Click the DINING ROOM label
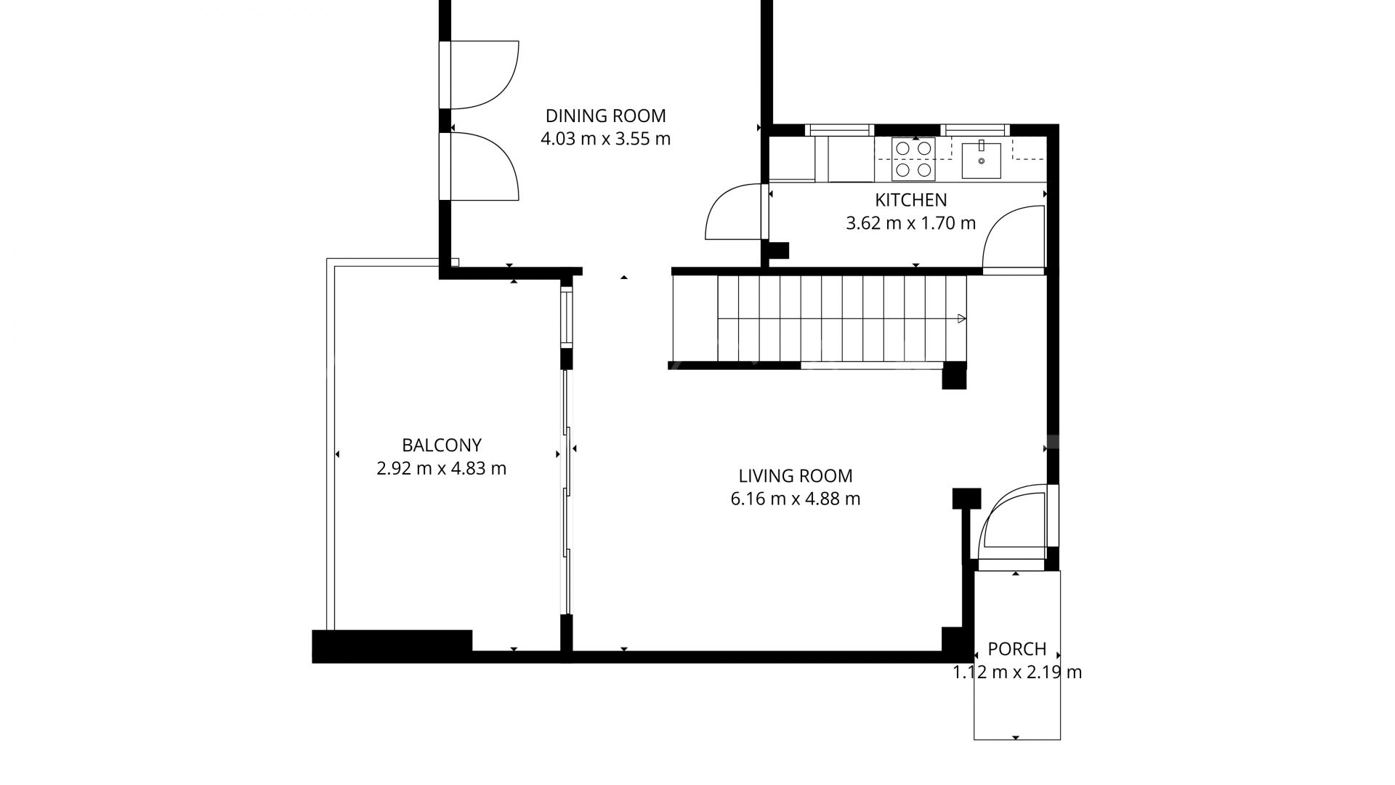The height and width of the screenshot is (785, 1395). pyautogui.click(x=605, y=116)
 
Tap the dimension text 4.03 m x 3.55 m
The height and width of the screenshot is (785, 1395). pyautogui.click(x=605, y=139)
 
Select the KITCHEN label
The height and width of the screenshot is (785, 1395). pyautogui.click(x=910, y=200)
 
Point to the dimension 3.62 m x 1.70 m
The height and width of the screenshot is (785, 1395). pyautogui.click(x=910, y=223)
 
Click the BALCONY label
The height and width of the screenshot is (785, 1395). pyautogui.click(x=441, y=445)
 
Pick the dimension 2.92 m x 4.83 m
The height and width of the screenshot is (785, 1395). pyautogui.click(x=441, y=468)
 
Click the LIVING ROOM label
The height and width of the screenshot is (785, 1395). pyautogui.click(x=795, y=476)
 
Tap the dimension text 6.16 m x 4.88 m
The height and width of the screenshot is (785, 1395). pyautogui.click(x=795, y=499)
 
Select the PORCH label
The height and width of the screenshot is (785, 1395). pyautogui.click(x=1016, y=648)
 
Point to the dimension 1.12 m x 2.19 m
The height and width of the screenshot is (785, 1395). pyautogui.click(x=1016, y=672)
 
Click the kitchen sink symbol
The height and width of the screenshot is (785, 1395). pyautogui.click(x=981, y=161)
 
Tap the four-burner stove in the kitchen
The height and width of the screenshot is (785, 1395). pyautogui.click(x=914, y=159)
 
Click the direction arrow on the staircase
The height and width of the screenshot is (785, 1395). pyautogui.click(x=961, y=318)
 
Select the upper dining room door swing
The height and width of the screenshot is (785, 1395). pyautogui.click(x=483, y=75)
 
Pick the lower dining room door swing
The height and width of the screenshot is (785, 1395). pyautogui.click(x=483, y=166)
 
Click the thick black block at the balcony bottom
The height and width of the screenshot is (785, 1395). pyautogui.click(x=392, y=645)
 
